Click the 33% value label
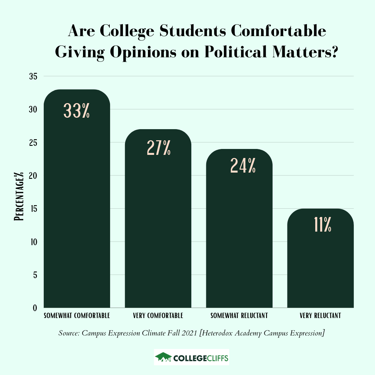tap(77, 110)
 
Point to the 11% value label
tap(323, 225)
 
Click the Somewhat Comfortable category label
tap(77, 316)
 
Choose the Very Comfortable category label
tap(158, 316)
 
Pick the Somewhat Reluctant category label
tap(239, 316)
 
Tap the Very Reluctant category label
tap(320, 316)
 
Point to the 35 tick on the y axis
tap(33, 76)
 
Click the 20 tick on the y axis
tap(33, 175)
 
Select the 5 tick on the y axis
tap(34, 275)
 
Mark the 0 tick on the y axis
tap(34, 308)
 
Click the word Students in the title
tap(189, 31)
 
